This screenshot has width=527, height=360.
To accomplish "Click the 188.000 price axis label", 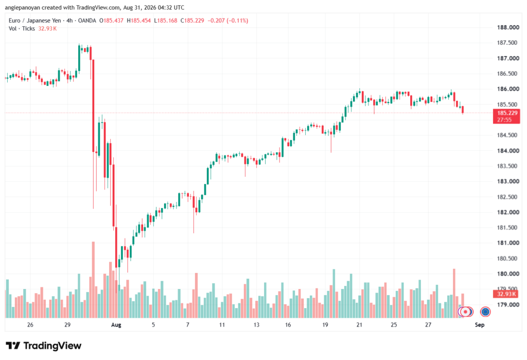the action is [508, 27].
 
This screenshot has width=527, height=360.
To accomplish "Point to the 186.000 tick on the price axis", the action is [508, 89].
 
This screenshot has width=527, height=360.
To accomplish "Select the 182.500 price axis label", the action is [508, 197].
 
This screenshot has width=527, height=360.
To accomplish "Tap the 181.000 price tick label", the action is [508, 243].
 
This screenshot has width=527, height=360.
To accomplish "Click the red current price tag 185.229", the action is [506, 116].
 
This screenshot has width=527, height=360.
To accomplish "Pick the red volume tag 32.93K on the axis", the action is [506, 294].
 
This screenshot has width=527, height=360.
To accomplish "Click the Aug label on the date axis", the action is [116, 324].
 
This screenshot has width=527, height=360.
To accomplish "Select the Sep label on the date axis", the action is [480, 324].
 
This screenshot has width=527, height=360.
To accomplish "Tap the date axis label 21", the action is [359, 324].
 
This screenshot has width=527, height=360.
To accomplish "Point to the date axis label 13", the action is [256, 324].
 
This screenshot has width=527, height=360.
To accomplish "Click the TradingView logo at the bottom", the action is [44, 346].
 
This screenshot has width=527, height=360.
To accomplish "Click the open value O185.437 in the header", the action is [111, 21].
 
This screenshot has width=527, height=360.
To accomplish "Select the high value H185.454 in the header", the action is [139, 21].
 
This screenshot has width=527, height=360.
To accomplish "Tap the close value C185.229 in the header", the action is [192, 21].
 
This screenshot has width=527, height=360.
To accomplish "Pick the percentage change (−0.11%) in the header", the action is [237, 21].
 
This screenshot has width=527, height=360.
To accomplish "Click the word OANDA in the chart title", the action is [87, 21].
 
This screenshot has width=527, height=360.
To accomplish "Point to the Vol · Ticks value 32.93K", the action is [47, 29].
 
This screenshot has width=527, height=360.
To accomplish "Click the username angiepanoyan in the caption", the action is [23, 7].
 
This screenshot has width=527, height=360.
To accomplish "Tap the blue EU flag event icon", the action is [485, 312].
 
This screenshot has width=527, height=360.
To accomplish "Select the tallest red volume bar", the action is [94, 280].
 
